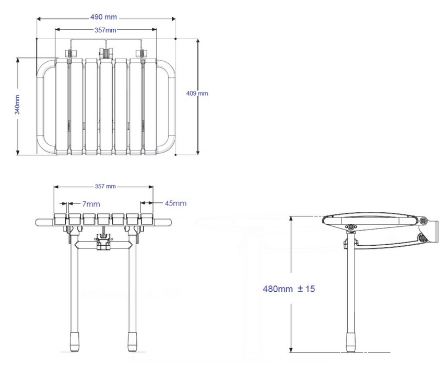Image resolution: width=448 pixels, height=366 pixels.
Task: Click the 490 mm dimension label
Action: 103,17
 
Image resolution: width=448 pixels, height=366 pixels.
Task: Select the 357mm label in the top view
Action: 105,30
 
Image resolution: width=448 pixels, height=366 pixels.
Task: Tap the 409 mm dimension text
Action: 197,93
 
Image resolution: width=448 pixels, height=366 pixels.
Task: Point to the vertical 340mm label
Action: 17,105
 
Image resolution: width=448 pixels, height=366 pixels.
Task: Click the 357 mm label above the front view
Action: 105,186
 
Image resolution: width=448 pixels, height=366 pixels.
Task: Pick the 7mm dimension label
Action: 91,204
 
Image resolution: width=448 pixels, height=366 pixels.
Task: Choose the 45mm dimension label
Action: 175,203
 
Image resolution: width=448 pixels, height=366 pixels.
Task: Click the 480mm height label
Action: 274,289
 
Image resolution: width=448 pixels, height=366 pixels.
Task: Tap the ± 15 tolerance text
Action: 306,289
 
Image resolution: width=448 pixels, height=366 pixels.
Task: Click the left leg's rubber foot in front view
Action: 75,342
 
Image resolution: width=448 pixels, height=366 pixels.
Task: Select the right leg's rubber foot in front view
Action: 132,342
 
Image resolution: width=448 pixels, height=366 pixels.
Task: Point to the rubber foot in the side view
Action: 351,342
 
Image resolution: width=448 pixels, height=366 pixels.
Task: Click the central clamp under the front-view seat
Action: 103,242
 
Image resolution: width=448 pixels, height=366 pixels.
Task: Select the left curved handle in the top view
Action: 46,106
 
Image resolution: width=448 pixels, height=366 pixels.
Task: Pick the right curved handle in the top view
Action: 166,106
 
